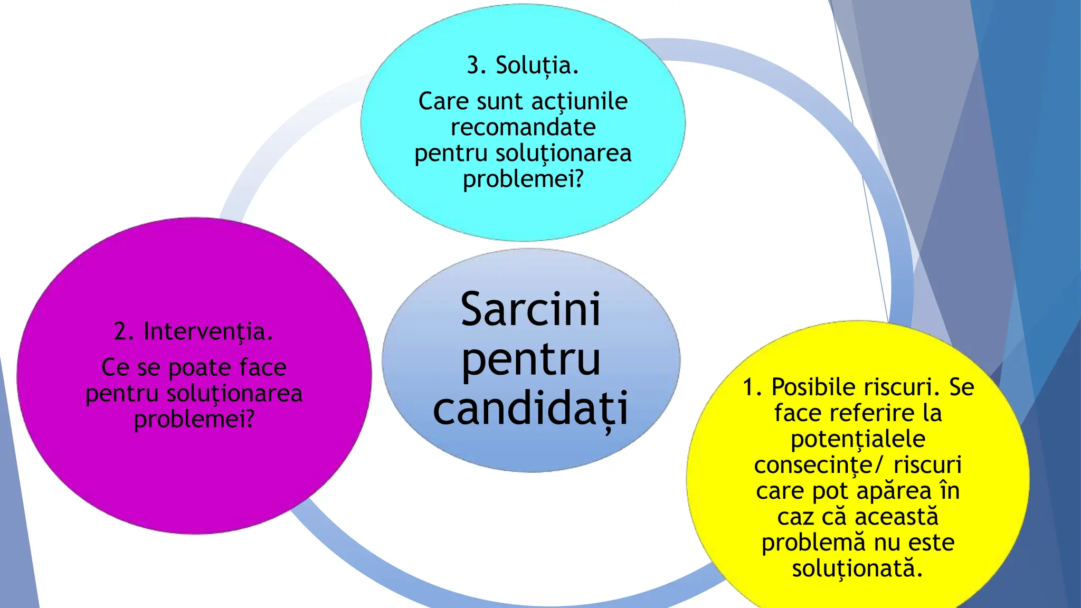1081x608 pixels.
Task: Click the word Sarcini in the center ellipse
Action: (x=530, y=310)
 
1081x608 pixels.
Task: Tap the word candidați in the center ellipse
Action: (x=530, y=410)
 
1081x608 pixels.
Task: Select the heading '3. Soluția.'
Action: (x=523, y=65)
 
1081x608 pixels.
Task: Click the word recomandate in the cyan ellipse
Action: (x=523, y=127)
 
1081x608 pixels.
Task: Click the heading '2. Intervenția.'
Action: (x=193, y=331)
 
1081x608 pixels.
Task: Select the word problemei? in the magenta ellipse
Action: (x=194, y=420)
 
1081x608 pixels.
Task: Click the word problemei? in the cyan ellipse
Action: (x=523, y=179)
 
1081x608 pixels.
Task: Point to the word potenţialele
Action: (x=858, y=439)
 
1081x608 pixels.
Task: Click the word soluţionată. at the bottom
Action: (x=857, y=568)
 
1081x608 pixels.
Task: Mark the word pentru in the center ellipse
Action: (x=530, y=360)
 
